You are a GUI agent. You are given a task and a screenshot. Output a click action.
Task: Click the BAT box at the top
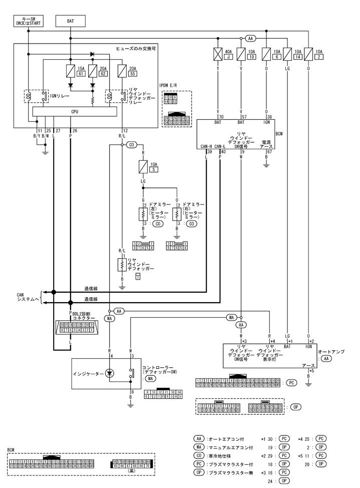[71, 21]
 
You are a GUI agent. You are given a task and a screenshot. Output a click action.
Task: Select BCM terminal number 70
[218, 116]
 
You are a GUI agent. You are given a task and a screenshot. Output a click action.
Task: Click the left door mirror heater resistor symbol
[143, 213]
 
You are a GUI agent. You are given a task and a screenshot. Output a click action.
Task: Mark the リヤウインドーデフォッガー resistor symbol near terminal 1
[122, 264]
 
